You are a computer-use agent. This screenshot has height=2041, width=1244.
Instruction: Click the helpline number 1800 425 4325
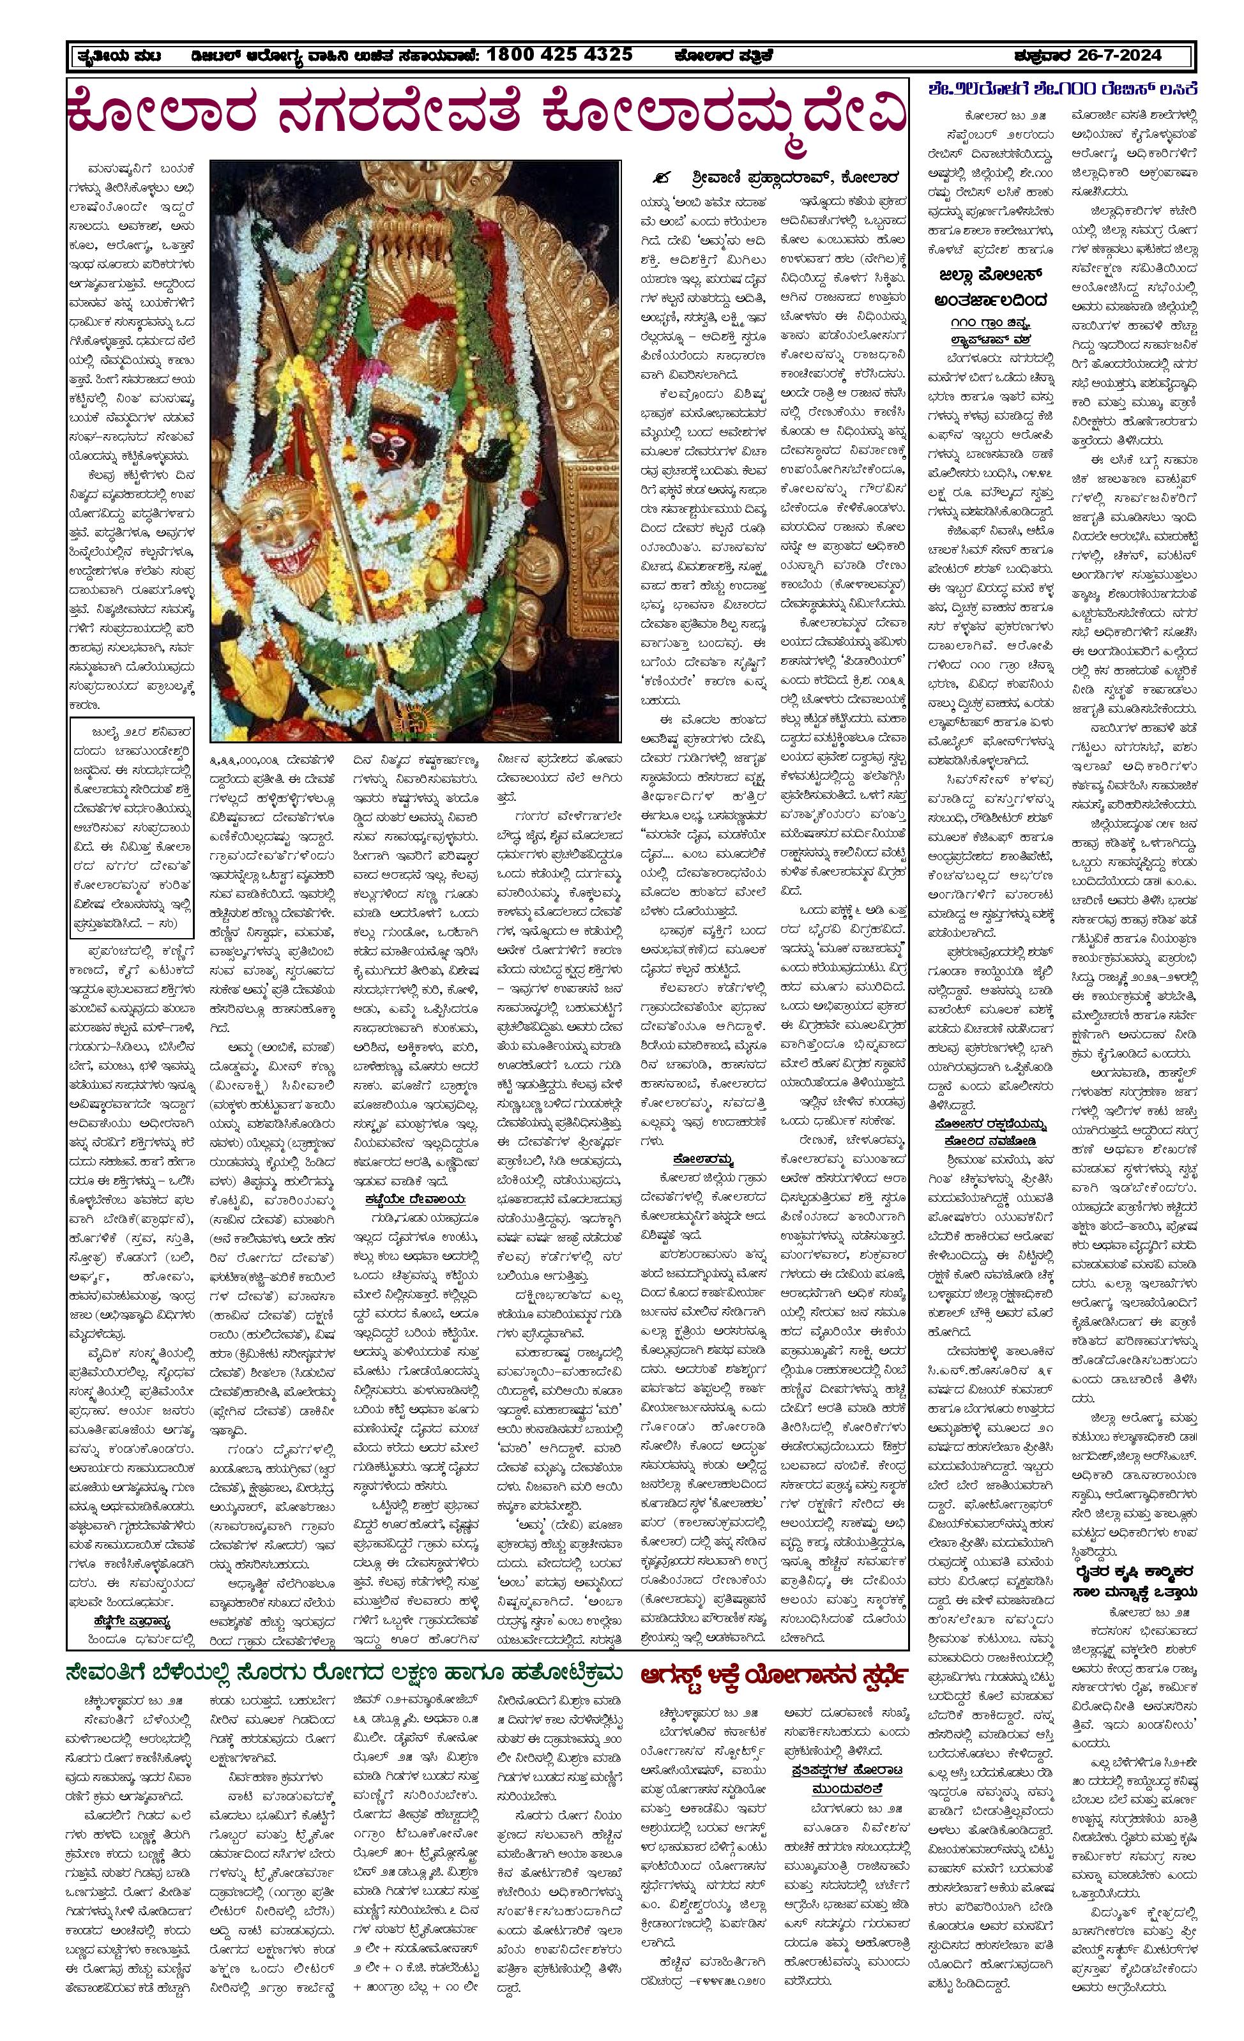coord(560,56)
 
